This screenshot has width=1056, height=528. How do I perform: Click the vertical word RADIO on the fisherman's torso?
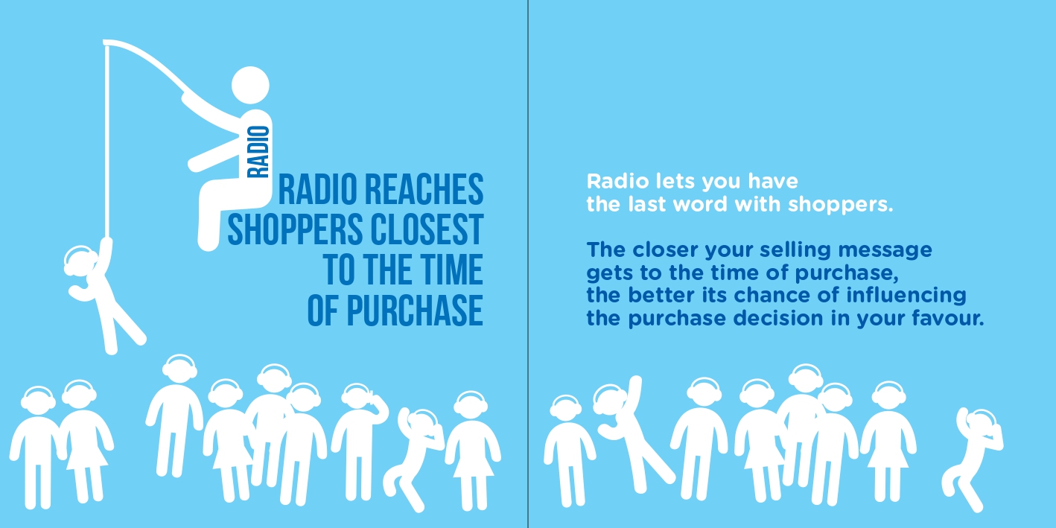(x=259, y=152)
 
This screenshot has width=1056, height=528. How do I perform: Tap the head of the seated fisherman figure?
(x=250, y=85)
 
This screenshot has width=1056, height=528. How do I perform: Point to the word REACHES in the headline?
(x=424, y=189)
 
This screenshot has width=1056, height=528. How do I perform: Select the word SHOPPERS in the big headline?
(x=295, y=229)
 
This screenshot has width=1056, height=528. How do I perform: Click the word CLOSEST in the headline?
(x=427, y=229)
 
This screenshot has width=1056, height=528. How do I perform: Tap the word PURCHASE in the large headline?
(x=416, y=311)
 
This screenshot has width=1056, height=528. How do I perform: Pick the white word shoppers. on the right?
(x=841, y=205)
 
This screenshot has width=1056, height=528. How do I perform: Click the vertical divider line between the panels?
(x=528, y=264)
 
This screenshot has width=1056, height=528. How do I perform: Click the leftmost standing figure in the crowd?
(x=37, y=447)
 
